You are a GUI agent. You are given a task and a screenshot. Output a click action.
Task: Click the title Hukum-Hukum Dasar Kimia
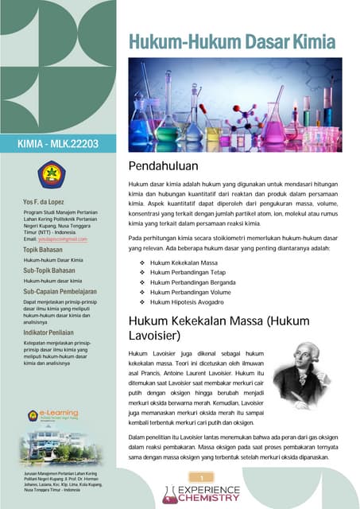[x=232, y=41]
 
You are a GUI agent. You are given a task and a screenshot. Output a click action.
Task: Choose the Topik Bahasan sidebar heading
[x=47, y=250]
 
